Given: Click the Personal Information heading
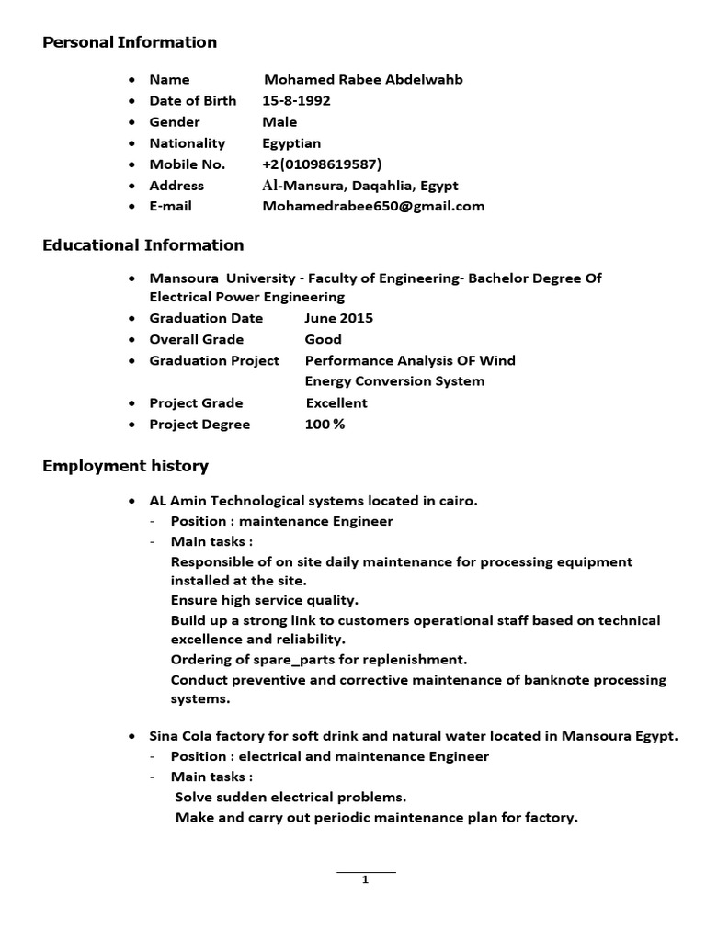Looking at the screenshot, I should (130, 42).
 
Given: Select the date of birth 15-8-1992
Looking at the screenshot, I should (296, 101).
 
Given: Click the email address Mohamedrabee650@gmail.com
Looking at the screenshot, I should (373, 206).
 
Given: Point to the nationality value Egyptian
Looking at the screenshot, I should (291, 143).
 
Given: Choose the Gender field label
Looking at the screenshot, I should (175, 122).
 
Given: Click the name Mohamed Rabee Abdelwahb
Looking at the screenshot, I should (363, 80).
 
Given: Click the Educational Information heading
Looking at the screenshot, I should (143, 245).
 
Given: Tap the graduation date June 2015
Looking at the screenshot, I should (338, 318).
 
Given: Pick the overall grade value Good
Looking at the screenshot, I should (323, 339).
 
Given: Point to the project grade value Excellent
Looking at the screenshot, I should (336, 402).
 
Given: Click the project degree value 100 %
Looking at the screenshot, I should (325, 425).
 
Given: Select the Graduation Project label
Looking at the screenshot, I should (214, 360).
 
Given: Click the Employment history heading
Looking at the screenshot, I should (126, 466).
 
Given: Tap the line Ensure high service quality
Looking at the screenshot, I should (264, 600).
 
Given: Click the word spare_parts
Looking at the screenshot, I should (272, 660).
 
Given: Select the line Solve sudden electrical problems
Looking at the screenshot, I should (290, 797).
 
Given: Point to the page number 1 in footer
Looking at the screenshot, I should (365, 879).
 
